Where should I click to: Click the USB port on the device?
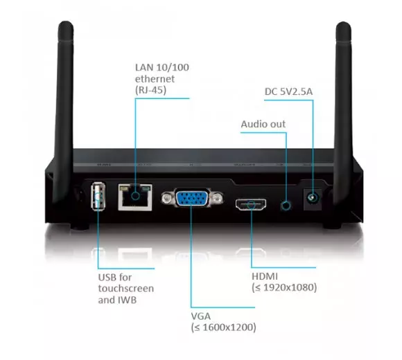(98, 196)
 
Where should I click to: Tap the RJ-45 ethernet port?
(135, 197)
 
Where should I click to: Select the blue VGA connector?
(192, 198)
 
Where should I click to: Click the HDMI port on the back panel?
(251, 204)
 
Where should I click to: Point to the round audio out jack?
(286, 206)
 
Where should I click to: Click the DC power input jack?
(313, 199)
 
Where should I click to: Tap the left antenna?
(63, 113)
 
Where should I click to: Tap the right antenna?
(343, 113)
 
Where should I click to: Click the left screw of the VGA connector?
(167, 198)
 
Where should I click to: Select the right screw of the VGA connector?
(217, 198)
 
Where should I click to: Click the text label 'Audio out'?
(263, 124)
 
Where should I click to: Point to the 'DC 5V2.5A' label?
(289, 91)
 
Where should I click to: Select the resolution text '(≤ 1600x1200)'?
(224, 327)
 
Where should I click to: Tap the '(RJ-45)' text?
(151, 90)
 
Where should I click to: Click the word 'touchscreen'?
(126, 288)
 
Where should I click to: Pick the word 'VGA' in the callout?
(201, 316)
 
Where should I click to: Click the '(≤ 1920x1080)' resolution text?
(284, 287)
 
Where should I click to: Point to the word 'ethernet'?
(155, 79)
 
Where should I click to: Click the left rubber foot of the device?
(80, 226)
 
